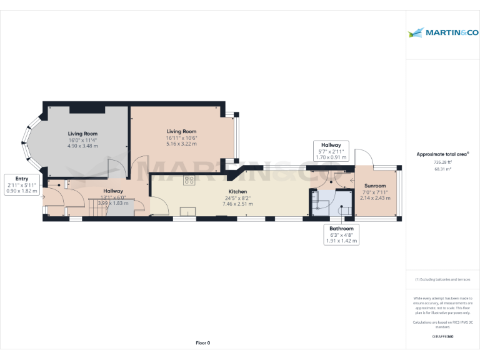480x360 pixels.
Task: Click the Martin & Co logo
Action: [442, 32]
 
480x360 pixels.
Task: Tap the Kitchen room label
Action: [237, 192]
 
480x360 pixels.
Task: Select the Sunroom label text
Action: [375, 186]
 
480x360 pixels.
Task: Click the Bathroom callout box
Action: [342, 234]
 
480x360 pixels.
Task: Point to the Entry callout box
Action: [21, 185]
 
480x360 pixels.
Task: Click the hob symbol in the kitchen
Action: [189, 181]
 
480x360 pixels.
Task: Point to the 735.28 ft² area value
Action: [442, 162]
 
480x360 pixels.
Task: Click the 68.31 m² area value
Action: [442, 168]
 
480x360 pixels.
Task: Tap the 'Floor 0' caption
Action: [202, 342]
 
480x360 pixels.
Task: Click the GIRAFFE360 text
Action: [442, 336]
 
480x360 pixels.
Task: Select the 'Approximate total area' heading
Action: [442, 153]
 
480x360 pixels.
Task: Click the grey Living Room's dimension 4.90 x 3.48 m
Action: [82, 146]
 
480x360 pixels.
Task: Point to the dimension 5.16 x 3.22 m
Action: [181, 144]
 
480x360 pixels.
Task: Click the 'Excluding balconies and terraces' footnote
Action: [442, 279]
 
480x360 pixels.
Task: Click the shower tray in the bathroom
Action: [317, 202]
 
